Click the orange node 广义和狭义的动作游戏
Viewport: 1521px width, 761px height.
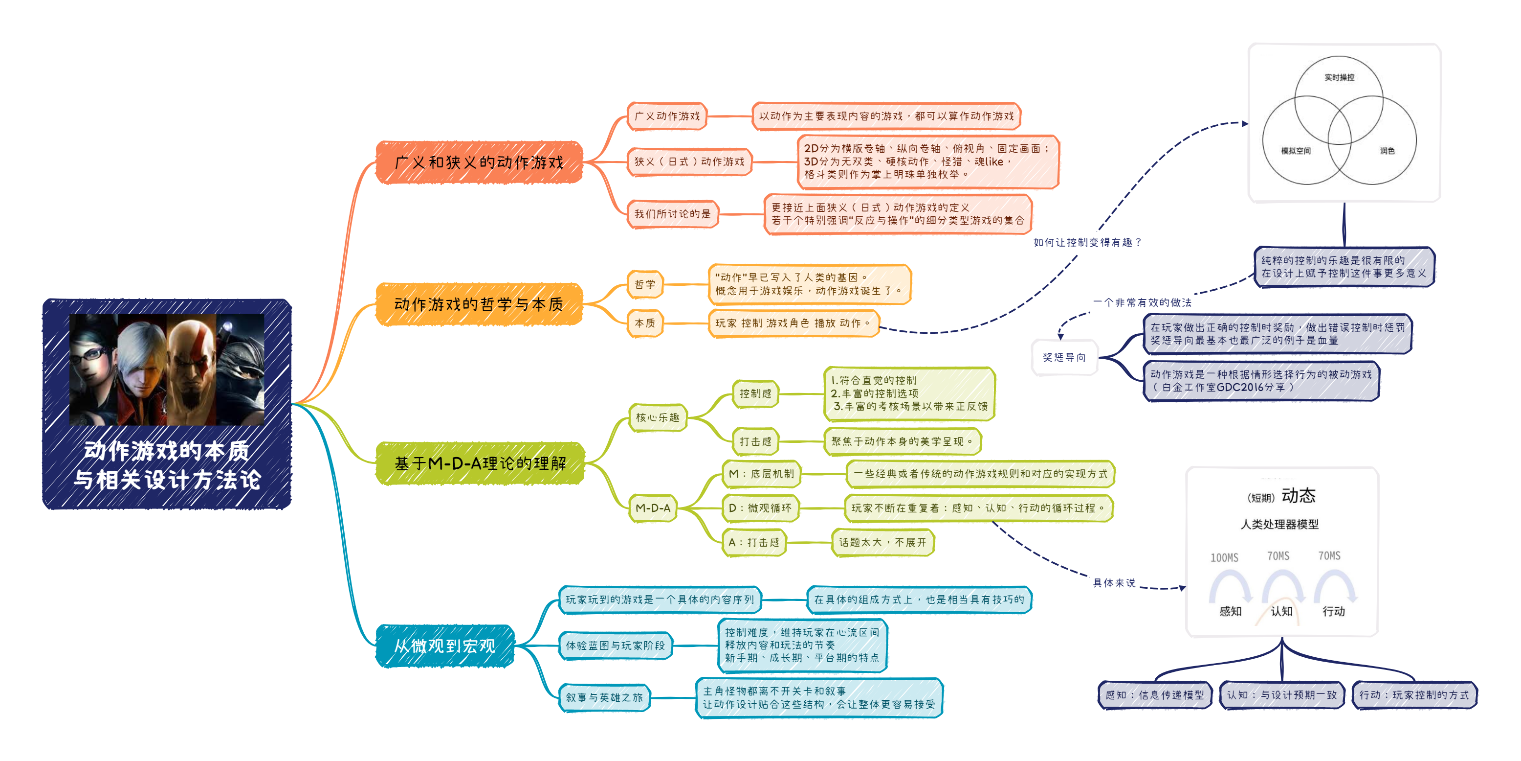coord(479,162)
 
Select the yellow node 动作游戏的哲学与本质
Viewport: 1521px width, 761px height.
coord(479,304)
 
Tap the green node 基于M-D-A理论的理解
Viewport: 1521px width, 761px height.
coord(480,464)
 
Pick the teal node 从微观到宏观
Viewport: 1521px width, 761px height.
coord(444,646)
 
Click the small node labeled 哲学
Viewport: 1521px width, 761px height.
coord(645,284)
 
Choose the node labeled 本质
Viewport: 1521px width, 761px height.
coord(645,323)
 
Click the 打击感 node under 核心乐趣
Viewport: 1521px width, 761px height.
coord(755,441)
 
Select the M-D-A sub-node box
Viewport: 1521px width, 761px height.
coord(652,508)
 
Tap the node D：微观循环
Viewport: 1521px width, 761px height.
coord(760,508)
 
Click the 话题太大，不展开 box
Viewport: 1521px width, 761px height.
coord(882,542)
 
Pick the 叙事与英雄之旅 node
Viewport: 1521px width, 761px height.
coord(604,698)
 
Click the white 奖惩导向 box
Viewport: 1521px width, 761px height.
coord(1064,357)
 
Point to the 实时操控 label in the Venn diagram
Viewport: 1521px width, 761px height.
coord(1339,77)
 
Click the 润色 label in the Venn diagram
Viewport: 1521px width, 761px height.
coord(1387,151)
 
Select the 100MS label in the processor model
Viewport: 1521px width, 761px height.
coord(1224,558)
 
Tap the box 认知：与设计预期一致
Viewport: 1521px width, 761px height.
coord(1281,695)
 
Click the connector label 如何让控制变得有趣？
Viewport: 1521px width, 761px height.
coord(1087,242)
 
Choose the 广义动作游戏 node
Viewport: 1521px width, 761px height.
coord(666,116)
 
